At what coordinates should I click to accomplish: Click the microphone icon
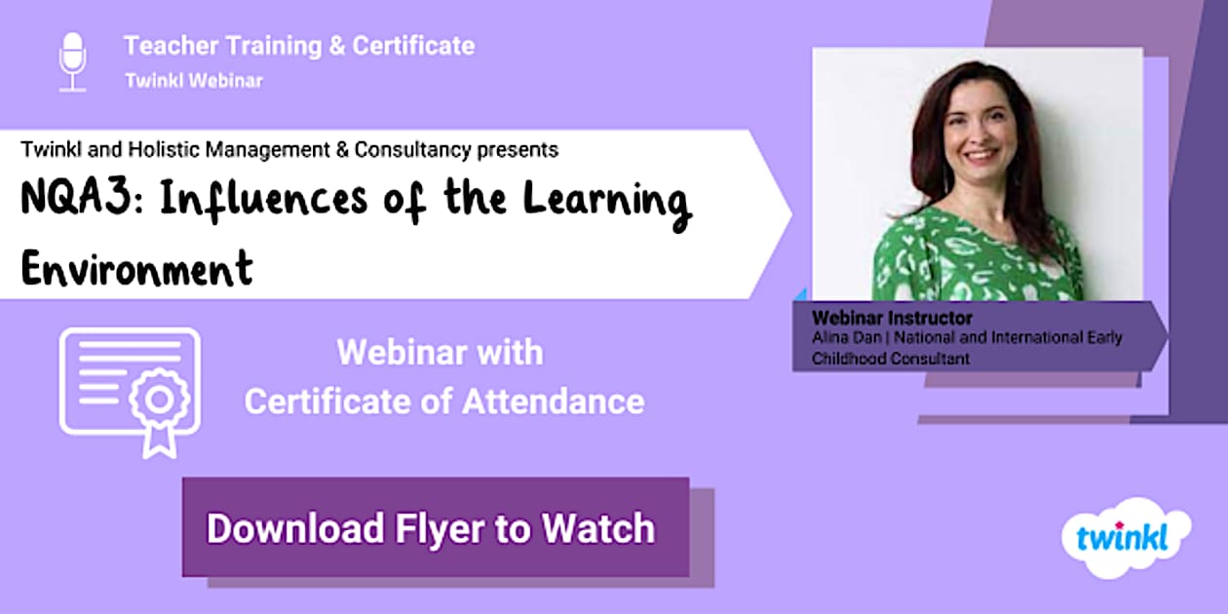coord(72,61)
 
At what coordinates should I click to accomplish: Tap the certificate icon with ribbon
coord(130,393)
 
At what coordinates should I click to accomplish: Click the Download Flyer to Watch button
coord(436,527)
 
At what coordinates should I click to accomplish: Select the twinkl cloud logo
coord(1126,538)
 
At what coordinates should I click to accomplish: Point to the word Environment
coord(137,268)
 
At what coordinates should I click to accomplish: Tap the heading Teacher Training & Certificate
coord(299,46)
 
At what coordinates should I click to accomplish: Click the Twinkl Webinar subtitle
coord(194,81)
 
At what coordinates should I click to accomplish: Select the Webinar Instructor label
coord(892,318)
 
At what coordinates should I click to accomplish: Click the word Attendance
coord(554,402)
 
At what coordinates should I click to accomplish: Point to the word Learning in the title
coord(607,201)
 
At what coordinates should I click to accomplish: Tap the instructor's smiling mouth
coord(980,155)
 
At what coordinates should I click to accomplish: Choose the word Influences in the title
coord(263,200)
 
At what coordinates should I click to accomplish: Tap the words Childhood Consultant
coord(891,359)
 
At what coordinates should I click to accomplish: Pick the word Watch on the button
coord(598,528)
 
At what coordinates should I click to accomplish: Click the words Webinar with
coord(440,353)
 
